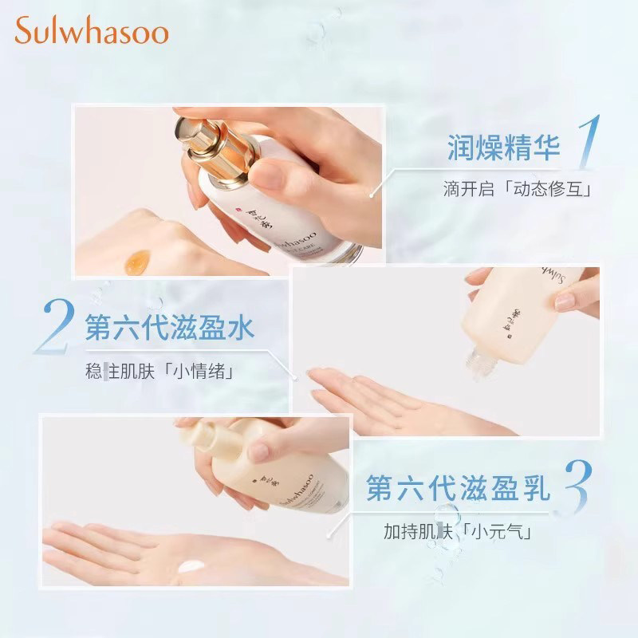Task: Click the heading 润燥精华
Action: click(502, 148)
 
